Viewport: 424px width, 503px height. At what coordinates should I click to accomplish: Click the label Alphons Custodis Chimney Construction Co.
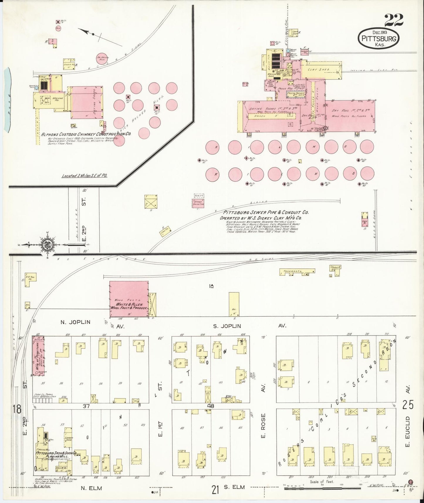86,134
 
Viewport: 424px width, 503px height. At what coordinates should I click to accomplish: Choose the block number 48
211,406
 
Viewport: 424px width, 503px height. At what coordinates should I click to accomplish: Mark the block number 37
86,406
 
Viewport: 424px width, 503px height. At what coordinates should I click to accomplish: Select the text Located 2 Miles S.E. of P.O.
84,176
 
